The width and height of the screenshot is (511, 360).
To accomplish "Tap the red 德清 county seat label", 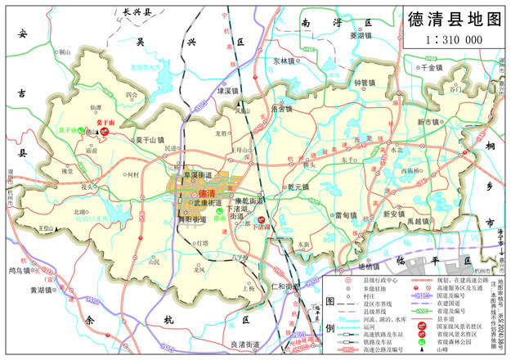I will (x=196, y=193).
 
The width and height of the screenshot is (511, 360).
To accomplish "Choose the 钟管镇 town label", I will (x=365, y=83).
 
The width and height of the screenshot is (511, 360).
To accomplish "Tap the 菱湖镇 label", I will (x=361, y=35).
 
